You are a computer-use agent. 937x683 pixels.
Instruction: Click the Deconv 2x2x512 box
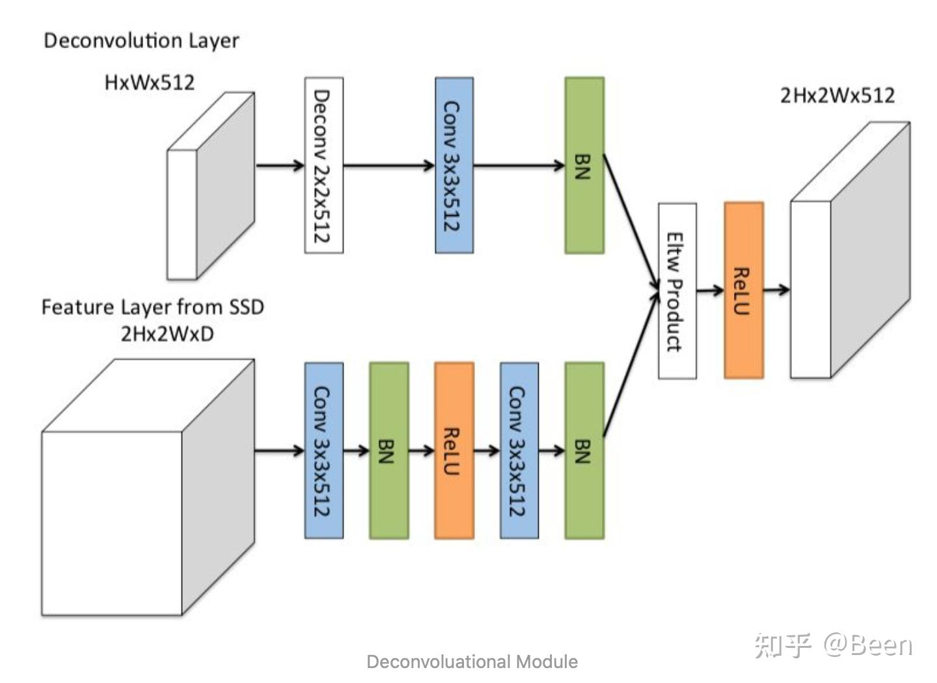tap(323, 165)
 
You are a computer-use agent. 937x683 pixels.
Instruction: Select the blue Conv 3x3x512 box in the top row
tap(454, 165)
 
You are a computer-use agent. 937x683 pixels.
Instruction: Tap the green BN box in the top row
tap(584, 165)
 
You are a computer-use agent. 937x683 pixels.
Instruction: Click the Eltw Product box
tap(677, 291)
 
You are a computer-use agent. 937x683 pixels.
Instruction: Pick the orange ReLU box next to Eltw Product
tap(743, 290)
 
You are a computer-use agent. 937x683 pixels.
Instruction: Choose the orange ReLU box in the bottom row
tap(454, 450)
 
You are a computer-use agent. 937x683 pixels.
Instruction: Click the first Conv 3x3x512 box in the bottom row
tap(323, 450)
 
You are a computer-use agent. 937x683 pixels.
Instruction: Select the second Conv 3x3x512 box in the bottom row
tap(519, 450)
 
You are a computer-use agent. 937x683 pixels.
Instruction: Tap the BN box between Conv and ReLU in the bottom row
tap(388, 450)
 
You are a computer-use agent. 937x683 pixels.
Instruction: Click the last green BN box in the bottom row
tap(584, 450)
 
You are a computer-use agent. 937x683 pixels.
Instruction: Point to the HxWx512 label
tap(150, 83)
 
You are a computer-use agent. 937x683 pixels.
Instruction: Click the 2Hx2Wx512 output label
tap(837, 96)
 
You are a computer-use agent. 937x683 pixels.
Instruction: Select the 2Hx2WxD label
tap(167, 334)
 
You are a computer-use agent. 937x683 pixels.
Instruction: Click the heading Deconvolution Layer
tap(141, 40)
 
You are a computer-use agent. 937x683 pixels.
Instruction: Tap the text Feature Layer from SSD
tap(153, 307)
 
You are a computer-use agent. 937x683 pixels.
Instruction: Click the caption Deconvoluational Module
tap(472, 662)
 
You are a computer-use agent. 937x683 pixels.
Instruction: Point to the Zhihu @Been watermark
tap(833, 645)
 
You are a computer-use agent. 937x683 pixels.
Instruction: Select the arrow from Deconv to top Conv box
tap(388, 165)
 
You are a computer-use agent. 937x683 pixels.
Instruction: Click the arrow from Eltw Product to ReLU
tap(710, 290)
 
